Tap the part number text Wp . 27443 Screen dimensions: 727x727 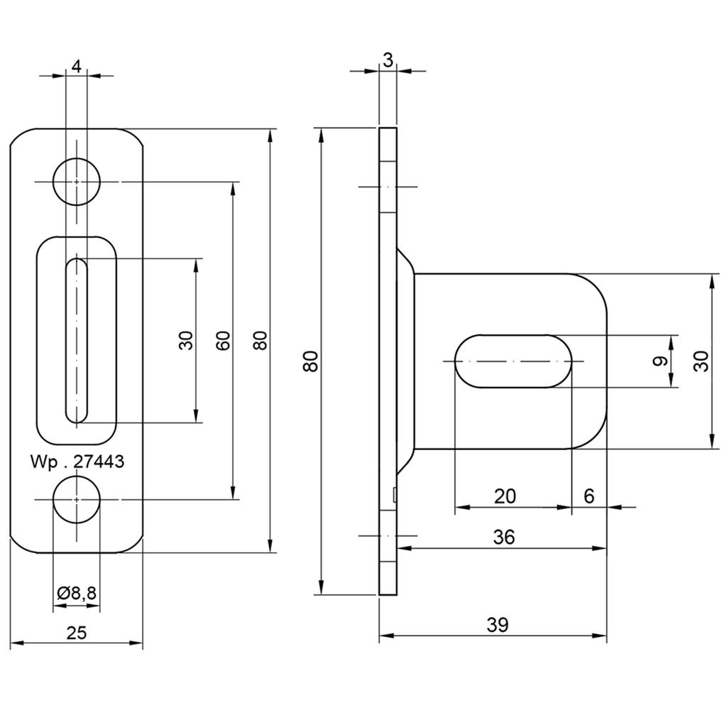pyautogui.click(x=77, y=461)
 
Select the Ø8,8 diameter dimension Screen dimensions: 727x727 pyautogui.click(x=77, y=593)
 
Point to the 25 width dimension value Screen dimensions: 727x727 pyautogui.click(x=77, y=633)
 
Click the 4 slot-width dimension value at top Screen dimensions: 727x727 pyautogui.click(x=77, y=66)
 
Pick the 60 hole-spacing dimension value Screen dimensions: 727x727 pyautogui.click(x=223, y=341)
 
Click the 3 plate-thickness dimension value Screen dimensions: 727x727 pyautogui.click(x=388, y=60)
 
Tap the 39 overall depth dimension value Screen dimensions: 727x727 pyautogui.click(x=498, y=625)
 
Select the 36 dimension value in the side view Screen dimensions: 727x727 pyautogui.click(x=504, y=537)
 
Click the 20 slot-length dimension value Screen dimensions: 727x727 pyautogui.click(x=505, y=496)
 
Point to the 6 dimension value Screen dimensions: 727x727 pyautogui.click(x=589, y=496)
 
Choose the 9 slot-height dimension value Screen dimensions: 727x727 pyautogui.click(x=660, y=361)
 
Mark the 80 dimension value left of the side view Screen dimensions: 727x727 pyautogui.click(x=311, y=361)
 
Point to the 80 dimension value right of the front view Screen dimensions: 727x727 pyautogui.click(x=261, y=341)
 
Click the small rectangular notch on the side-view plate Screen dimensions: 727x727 pyautogui.click(x=395, y=495)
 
